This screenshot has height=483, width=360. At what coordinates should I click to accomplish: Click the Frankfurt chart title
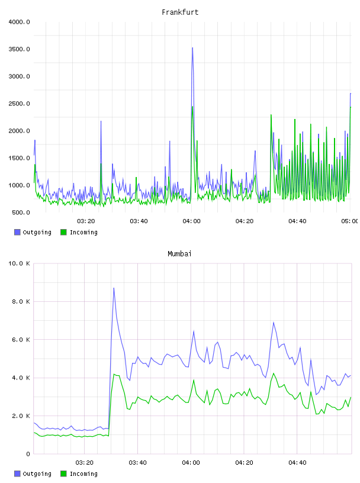click(180, 12)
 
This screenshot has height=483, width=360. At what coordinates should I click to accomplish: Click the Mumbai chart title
click(179, 254)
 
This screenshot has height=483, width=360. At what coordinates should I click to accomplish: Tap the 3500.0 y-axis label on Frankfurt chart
click(19, 49)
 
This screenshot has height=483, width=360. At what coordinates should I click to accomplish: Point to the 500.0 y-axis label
click(21, 212)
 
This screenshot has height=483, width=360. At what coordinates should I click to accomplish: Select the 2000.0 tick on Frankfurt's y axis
click(19, 131)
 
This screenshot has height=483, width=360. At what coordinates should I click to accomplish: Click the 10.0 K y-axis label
click(19, 263)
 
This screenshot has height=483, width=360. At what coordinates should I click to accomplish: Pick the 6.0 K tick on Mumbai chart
click(21, 339)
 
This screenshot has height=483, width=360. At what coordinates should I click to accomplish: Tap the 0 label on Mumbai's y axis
click(28, 454)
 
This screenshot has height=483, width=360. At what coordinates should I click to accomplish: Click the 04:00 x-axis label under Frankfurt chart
click(191, 221)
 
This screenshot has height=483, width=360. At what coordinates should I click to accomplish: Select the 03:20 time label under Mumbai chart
click(85, 463)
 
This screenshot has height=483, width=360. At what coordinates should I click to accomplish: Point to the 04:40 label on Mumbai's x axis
click(297, 463)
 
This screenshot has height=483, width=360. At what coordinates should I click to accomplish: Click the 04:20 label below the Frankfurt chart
click(245, 221)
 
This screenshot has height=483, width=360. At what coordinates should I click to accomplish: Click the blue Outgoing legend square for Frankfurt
click(17, 232)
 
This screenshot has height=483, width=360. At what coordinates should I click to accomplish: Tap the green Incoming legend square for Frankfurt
click(63, 232)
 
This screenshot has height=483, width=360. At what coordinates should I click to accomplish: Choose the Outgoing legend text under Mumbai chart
click(37, 474)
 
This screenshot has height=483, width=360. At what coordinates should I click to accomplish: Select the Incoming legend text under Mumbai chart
click(83, 474)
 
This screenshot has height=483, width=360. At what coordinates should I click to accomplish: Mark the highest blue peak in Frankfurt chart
click(192, 48)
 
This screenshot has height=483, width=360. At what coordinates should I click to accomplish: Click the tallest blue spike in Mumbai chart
click(114, 288)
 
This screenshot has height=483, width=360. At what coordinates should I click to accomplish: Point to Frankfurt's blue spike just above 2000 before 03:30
click(101, 121)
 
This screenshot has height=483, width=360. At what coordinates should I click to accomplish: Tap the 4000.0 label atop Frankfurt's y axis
click(19, 22)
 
